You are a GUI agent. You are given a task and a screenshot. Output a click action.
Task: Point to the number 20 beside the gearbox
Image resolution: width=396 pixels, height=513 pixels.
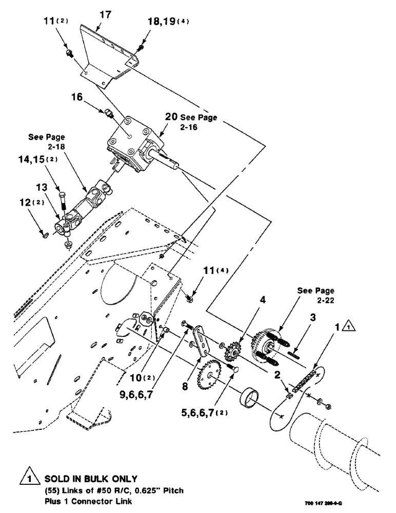171,116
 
